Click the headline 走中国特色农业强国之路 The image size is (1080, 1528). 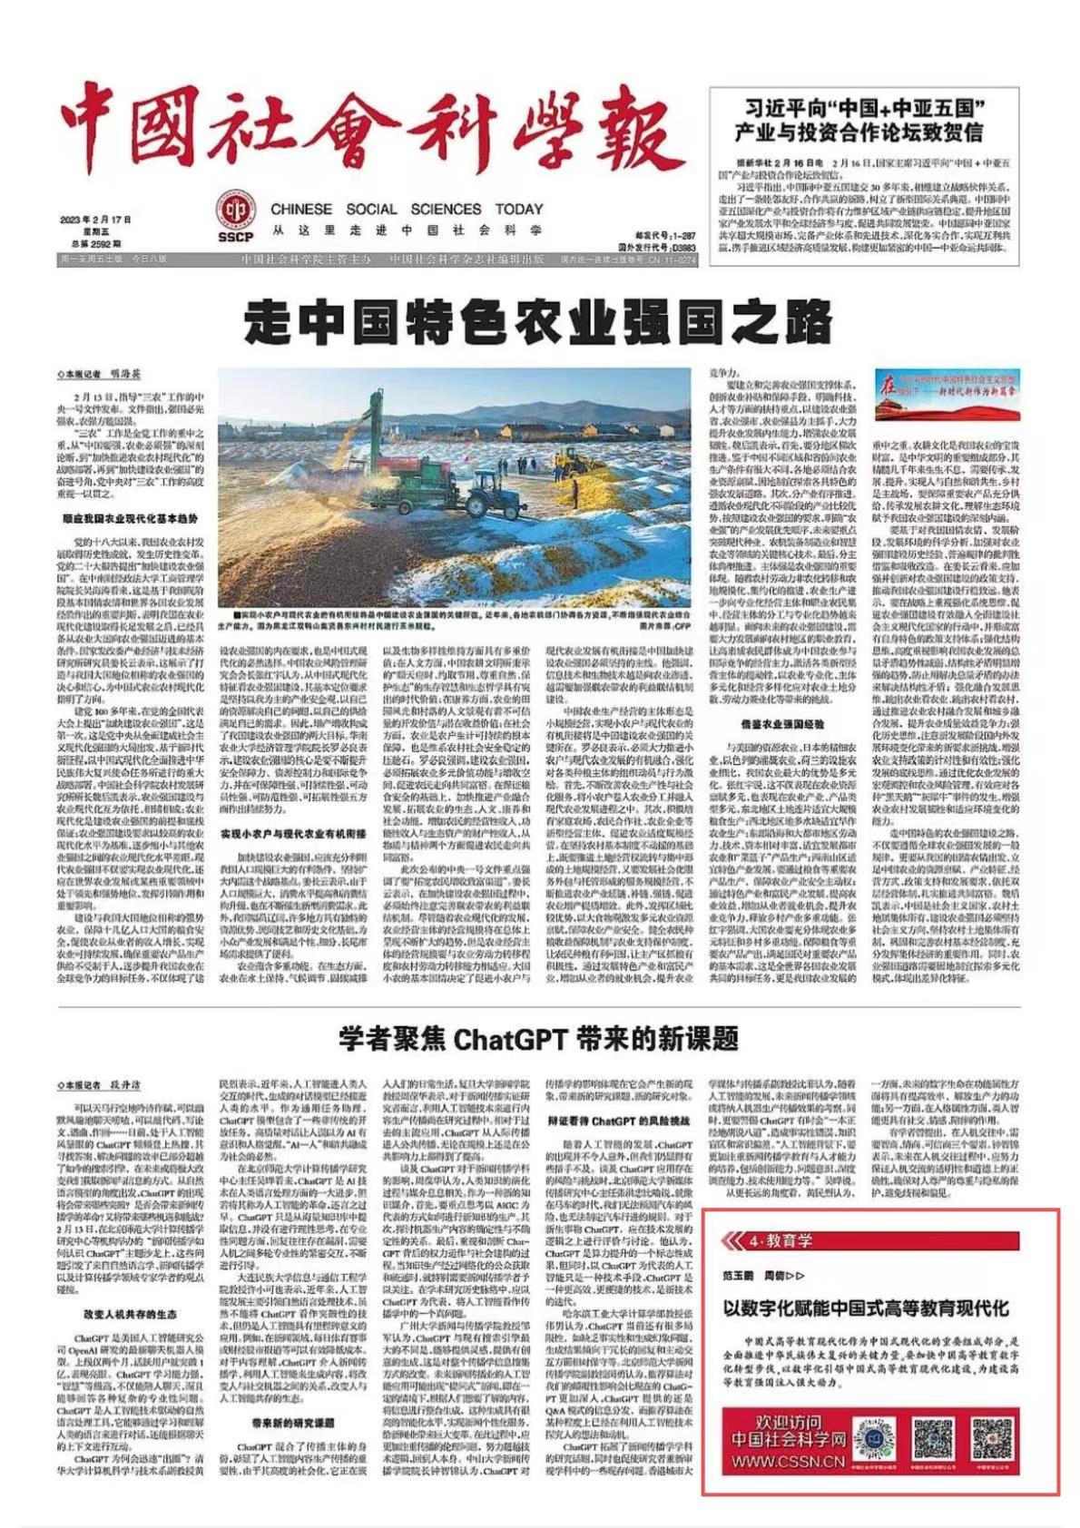pos(538,322)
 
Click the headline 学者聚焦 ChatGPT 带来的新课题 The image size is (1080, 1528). pos(538,1038)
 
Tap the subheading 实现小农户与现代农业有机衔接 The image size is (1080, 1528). pos(293,833)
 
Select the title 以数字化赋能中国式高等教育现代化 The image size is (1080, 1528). pos(865,1309)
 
